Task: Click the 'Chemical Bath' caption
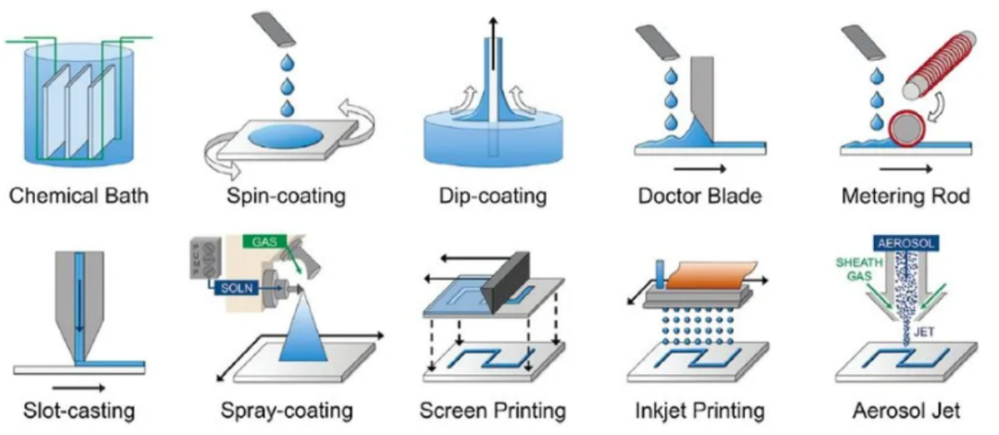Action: (79, 194)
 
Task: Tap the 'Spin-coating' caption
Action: (286, 195)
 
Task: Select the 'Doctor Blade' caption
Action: (699, 194)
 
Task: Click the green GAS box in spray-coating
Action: (263, 242)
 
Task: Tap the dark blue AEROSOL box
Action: (906, 242)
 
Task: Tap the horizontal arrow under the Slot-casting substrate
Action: (79, 387)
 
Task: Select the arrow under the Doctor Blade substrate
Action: (699, 169)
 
